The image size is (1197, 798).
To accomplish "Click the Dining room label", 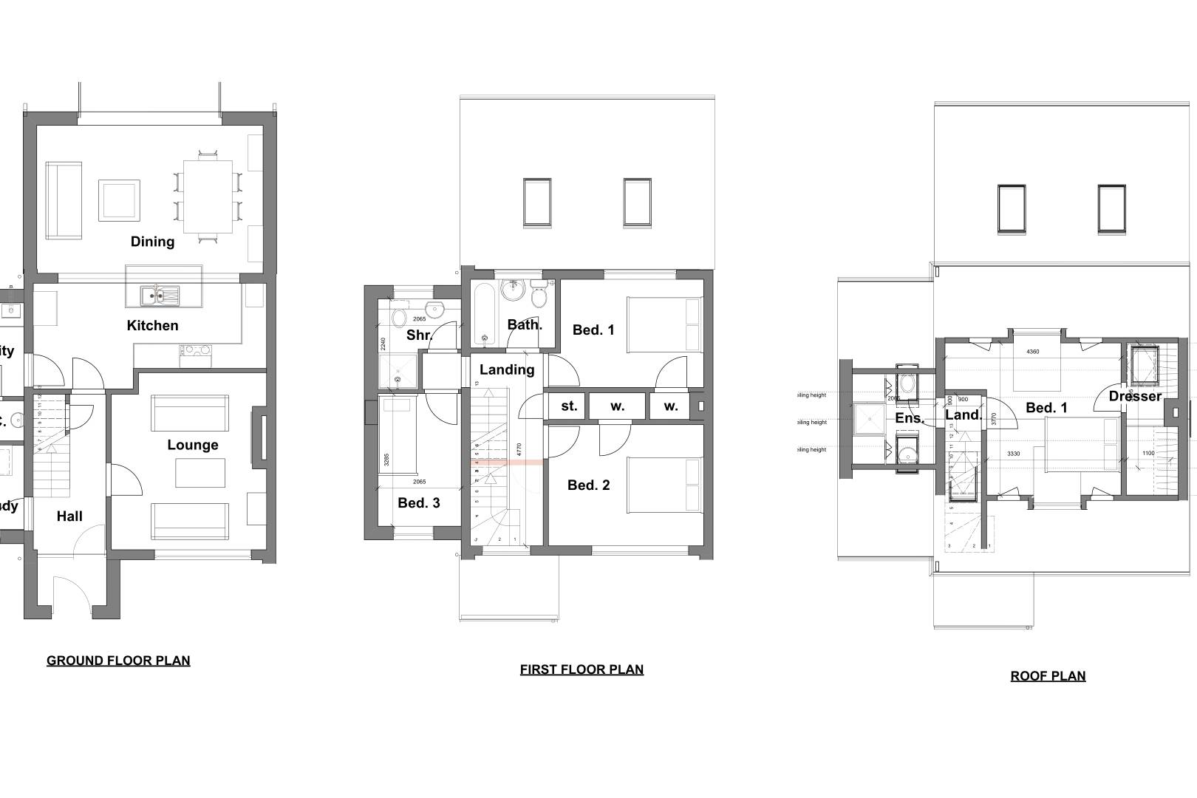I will pyautogui.click(x=152, y=242).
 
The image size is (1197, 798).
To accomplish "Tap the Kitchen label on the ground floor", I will pyautogui.click(x=152, y=325).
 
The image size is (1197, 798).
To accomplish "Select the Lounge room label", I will pyautogui.click(x=192, y=445).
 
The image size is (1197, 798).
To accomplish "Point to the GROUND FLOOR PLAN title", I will pyautogui.click(x=118, y=661).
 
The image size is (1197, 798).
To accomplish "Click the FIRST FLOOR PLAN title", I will pyautogui.click(x=582, y=669).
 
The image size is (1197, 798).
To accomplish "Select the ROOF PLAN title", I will pyautogui.click(x=1048, y=676).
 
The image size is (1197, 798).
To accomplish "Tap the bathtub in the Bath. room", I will pyautogui.click(x=484, y=314).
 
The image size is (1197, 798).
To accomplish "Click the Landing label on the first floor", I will pyautogui.click(x=507, y=369).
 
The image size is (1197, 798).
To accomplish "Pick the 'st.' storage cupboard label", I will pyautogui.click(x=568, y=406).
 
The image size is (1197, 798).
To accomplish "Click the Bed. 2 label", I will pyautogui.click(x=588, y=485).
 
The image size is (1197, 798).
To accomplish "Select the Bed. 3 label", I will pyautogui.click(x=418, y=502).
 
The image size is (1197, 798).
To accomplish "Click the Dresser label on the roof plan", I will pyautogui.click(x=1135, y=396).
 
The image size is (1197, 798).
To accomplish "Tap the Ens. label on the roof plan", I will pyautogui.click(x=909, y=418).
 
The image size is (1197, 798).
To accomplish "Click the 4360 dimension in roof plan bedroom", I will pyautogui.click(x=1032, y=352).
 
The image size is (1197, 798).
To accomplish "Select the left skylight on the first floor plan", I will pyautogui.click(x=537, y=202).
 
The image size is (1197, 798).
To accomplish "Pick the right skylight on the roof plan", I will pyautogui.click(x=1111, y=208).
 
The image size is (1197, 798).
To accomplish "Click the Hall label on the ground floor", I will pyautogui.click(x=69, y=516).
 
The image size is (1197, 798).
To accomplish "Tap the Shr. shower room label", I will pyautogui.click(x=419, y=335).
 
